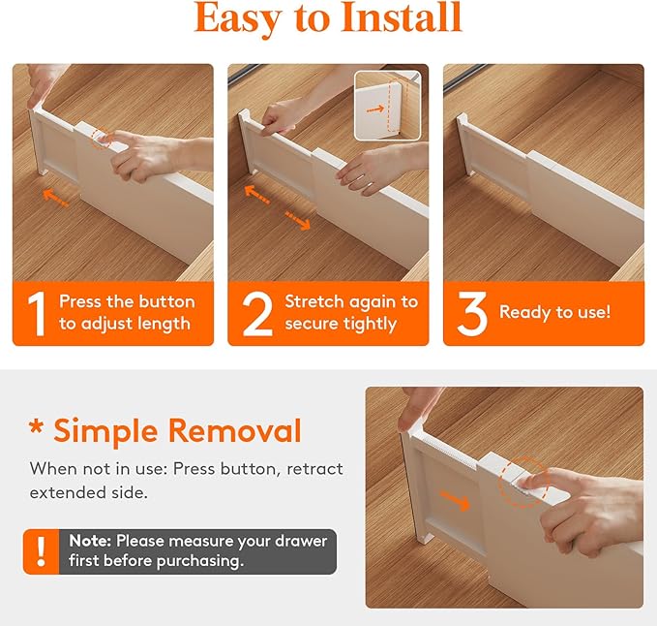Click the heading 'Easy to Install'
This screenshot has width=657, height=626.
(x=328, y=18)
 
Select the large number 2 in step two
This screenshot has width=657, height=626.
(x=256, y=313)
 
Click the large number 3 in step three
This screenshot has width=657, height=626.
(x=471, y=313)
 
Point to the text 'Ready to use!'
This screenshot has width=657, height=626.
(x=554, y=312)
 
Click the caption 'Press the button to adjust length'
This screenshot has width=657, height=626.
(x=126, y=312)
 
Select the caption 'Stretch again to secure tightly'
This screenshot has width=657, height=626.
(x=350, y=312)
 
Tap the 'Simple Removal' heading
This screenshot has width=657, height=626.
(x=165, y=430)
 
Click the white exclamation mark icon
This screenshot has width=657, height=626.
(x=41, y=551)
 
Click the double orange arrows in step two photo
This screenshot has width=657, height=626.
(x=276, y=207)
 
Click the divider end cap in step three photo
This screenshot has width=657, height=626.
(x=465, y=155)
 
